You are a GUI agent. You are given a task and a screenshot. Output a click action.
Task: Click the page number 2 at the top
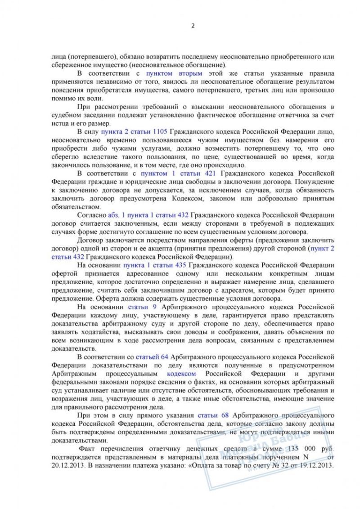click(193, 26)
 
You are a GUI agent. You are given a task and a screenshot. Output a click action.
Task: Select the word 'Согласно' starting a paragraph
click(92, 215)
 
